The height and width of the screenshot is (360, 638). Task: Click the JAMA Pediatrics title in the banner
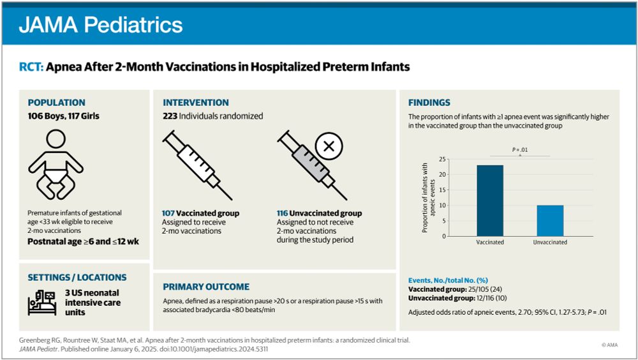coord(101,25)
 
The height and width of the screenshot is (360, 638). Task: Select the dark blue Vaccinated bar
coord(490,200)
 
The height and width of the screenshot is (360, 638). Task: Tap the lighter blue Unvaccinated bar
coord(549,220)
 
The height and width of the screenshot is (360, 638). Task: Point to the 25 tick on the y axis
coord(441,159)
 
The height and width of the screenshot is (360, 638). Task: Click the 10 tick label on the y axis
coord(441,206)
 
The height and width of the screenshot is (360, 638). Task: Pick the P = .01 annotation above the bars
coord(520,150)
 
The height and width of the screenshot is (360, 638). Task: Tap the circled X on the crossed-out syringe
coord(329,146)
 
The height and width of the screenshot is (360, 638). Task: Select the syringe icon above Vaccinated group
coord(197,165)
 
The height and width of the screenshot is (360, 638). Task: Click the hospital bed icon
coord(42,302)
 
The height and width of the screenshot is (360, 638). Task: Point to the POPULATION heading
coord(56,102)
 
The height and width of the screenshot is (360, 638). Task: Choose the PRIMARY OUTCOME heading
coord(206,287)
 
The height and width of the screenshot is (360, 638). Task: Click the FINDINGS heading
coord(429,102)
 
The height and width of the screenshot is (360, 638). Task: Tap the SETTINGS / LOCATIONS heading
coord(77,278)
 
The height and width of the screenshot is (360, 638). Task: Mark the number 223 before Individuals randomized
coord(170,116)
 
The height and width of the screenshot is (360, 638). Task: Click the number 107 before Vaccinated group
coord(168,213)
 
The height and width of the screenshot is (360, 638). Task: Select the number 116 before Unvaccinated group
coord(282,213)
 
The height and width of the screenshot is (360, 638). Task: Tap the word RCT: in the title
coord(31,66)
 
